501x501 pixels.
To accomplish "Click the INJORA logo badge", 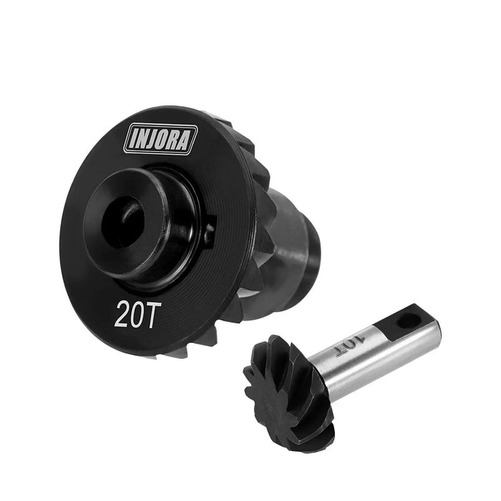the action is click(160, 140).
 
